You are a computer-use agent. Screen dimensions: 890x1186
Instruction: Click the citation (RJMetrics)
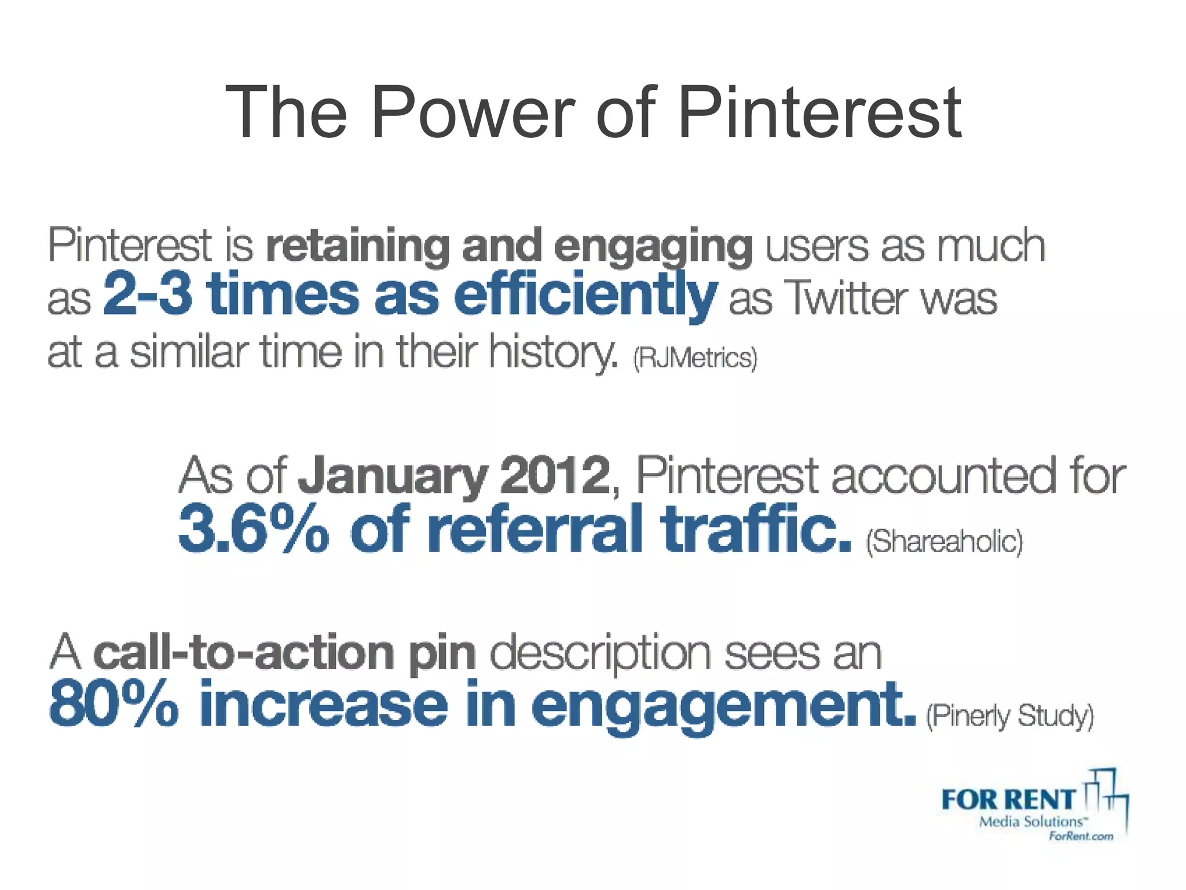695,358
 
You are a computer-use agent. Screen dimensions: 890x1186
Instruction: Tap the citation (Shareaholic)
945,541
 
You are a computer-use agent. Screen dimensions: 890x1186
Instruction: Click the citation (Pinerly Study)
1010,716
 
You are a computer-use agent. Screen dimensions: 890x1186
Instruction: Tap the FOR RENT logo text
1008,800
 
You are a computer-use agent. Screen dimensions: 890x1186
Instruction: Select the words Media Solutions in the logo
1031,822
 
